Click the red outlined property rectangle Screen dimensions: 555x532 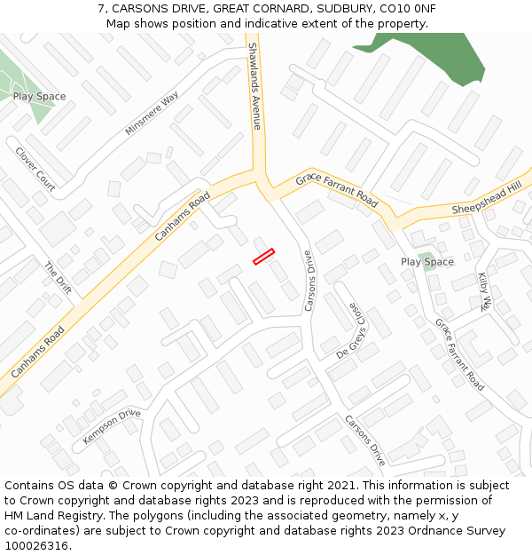tap(264, 257)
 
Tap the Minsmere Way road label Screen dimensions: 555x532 tap(153, 114)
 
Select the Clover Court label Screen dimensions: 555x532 tap(35, 169)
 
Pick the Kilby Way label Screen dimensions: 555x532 tap(484, 291)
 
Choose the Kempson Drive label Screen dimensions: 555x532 tap(112, 427)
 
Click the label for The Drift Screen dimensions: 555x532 tap(58, 279)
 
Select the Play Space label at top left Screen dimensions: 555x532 tap(39, 96)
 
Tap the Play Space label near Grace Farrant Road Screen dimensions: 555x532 tap(426, 262)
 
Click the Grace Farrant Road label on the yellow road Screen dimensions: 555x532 tap(337, 190)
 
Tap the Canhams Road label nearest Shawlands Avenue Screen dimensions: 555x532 tap(183, 216)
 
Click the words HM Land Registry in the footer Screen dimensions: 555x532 tap(53, 515)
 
